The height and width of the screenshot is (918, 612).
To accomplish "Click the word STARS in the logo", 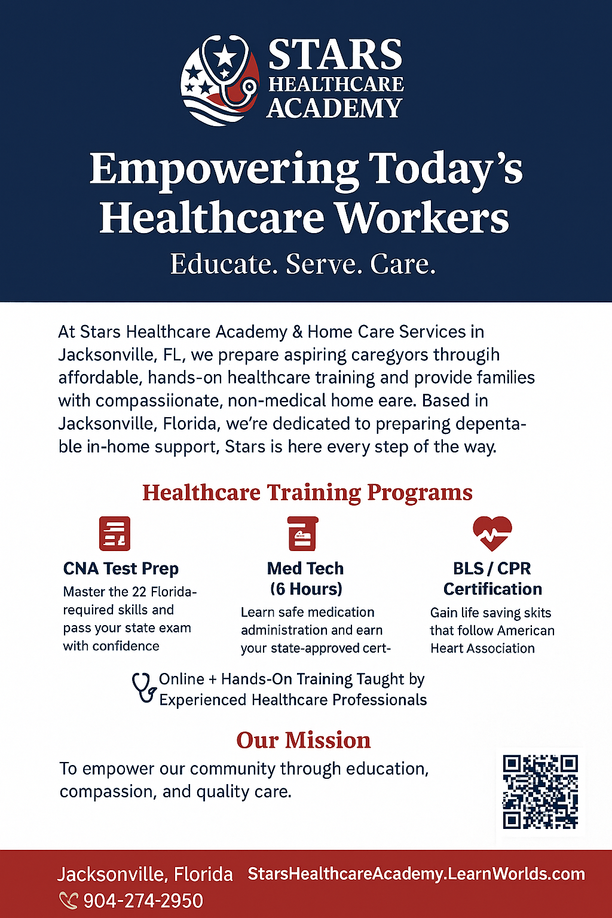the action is tap(335, 54).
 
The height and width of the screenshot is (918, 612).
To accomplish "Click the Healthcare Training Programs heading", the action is tap(307, 492).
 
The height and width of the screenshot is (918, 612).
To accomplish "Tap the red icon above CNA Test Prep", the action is tap(115, 533).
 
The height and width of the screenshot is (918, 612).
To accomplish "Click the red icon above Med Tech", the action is tap(302, 533).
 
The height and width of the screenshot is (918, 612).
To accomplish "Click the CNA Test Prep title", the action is tap(121, 568).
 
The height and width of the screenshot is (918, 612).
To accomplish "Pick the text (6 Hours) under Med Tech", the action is tap(306, 589).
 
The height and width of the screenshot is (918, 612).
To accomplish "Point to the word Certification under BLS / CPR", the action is tap(492, 589).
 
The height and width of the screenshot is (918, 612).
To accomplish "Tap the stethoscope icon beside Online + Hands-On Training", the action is tap(144, 689).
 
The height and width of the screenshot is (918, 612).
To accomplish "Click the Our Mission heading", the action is tap(304, 740).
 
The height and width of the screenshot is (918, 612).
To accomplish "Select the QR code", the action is tap(540, 792).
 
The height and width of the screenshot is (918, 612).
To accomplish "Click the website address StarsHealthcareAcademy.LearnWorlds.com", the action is tap(417, 874).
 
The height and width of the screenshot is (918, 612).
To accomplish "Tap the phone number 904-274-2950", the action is tap(143, 901).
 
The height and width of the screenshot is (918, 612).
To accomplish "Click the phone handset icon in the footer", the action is tap(69, 901).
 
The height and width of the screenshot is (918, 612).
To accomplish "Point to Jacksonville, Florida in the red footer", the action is tap(145, 874).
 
